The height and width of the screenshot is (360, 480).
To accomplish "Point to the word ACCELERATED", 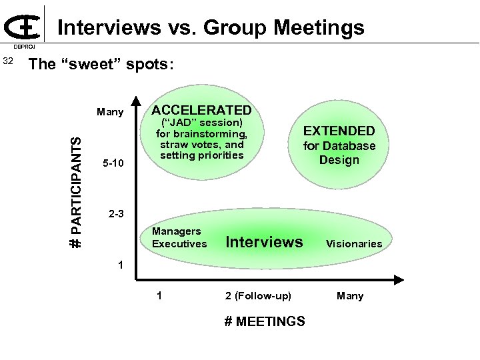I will pos(202,110).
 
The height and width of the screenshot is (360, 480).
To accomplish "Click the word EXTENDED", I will pos(339,131).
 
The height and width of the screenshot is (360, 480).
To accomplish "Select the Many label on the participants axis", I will pos(110,112).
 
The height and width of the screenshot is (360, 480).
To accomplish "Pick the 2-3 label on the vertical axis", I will pos(117,215).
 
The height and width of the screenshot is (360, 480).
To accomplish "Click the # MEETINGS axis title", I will pos(265,321).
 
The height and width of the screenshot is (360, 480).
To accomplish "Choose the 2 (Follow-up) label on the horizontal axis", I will pos(258,295).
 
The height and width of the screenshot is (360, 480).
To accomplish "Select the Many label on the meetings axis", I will pos(350,295).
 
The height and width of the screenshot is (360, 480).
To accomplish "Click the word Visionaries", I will pos(354,244).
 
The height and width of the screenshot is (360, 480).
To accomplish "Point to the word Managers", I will pos(177,231).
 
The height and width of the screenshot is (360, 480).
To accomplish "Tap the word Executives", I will pos(179,244).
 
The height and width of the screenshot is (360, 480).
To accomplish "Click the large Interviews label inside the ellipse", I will pos(265,241).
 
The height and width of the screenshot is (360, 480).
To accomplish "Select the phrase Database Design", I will pos(339,153).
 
